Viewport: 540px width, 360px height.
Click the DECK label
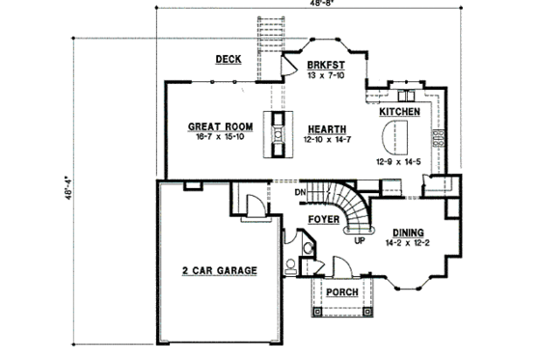pos(228,60)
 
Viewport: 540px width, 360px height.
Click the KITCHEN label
pos(399,113)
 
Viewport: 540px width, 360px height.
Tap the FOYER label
pos(323,220)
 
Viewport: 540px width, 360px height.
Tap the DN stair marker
pos(300,192)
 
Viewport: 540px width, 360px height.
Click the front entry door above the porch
pos(337,267)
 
